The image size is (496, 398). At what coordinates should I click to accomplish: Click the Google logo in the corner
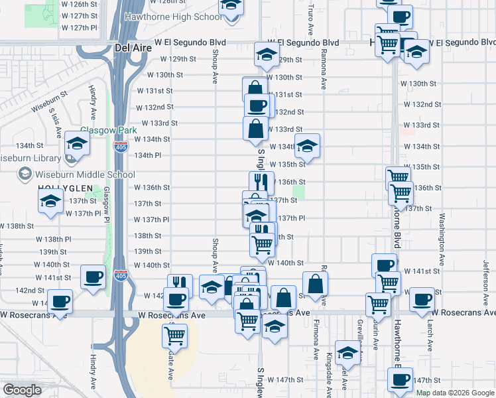(22, 390)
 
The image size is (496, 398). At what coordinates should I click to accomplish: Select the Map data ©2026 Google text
(455, 393)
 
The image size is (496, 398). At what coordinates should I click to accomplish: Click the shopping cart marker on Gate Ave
(174, 335)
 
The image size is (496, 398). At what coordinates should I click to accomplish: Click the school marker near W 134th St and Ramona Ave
(307, 145)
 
